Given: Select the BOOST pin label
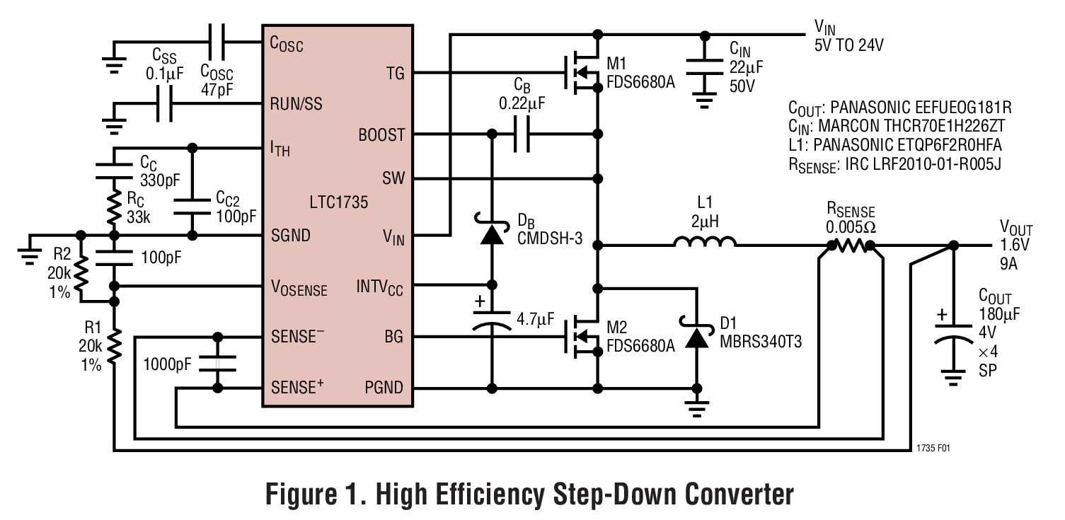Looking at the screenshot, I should pos(381,134).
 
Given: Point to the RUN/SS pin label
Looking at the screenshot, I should pos(296,104).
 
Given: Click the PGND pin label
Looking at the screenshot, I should pos(384,388).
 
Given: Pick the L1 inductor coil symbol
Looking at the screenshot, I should pos(704,243).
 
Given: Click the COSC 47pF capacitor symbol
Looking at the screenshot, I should pos(217,41).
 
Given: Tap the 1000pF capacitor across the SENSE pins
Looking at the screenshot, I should pos(217,362).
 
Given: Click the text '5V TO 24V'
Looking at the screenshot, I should pos(849,46).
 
